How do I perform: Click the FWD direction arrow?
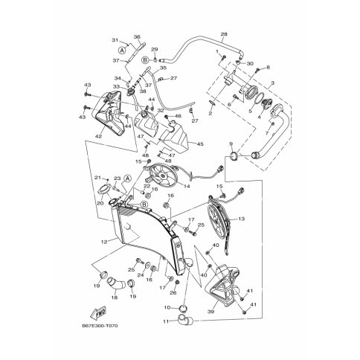coord(98,313)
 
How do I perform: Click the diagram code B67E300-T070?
coord(100,326)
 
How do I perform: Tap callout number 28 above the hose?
coord(224,34)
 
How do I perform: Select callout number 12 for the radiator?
coord(104,242)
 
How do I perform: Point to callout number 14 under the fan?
coord(187,186)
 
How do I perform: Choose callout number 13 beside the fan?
coord(241,219)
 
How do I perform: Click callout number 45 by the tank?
coord(200,144)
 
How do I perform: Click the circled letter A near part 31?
coord(122,51)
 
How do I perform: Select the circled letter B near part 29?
coord(145,60)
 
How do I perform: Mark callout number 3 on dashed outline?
coord(273,83)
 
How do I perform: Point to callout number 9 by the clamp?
coord(231,144)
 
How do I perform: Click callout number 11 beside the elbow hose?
coord(166,321)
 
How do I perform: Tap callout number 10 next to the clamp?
coord(167,307)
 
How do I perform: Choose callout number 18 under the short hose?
coord(115,298)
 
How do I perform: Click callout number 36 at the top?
coord(137,37)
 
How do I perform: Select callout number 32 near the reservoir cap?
coord(161,110)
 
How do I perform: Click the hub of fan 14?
coord(163,176)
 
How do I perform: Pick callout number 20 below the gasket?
coord(100,203)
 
